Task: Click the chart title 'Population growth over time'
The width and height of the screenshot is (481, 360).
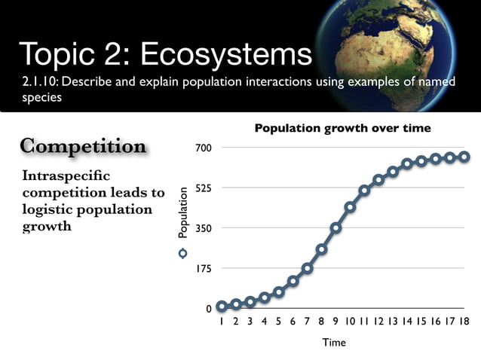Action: (x=342, y=128)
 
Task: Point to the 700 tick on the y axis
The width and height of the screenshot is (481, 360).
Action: (x=204, y=148)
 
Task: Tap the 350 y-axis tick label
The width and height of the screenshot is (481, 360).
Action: (x=204, y=228)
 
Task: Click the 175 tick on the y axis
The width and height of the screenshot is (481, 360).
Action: (x=204, y=269)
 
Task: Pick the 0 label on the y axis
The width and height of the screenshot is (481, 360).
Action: (x=209, y=309)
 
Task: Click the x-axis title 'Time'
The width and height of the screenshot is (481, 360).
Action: (x=334, y=343)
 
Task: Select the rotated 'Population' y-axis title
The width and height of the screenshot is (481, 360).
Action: (x=182, y=214)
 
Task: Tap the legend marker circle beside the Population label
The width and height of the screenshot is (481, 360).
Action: (x=182, y=253)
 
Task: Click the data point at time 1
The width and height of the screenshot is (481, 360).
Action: (x=222, y=307)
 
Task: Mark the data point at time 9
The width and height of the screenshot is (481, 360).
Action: (x=335, y=227)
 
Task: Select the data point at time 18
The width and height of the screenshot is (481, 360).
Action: (x=464, y=157)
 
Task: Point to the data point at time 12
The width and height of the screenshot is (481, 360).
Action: (x=378, y=180)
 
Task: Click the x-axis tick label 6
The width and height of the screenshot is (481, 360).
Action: (x=293, y=322)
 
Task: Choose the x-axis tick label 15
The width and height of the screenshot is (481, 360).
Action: (x=421, y=322)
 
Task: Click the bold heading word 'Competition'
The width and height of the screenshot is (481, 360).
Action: (x=83, y=146)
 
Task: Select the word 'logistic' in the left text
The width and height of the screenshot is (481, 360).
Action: (x=47, y=209)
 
